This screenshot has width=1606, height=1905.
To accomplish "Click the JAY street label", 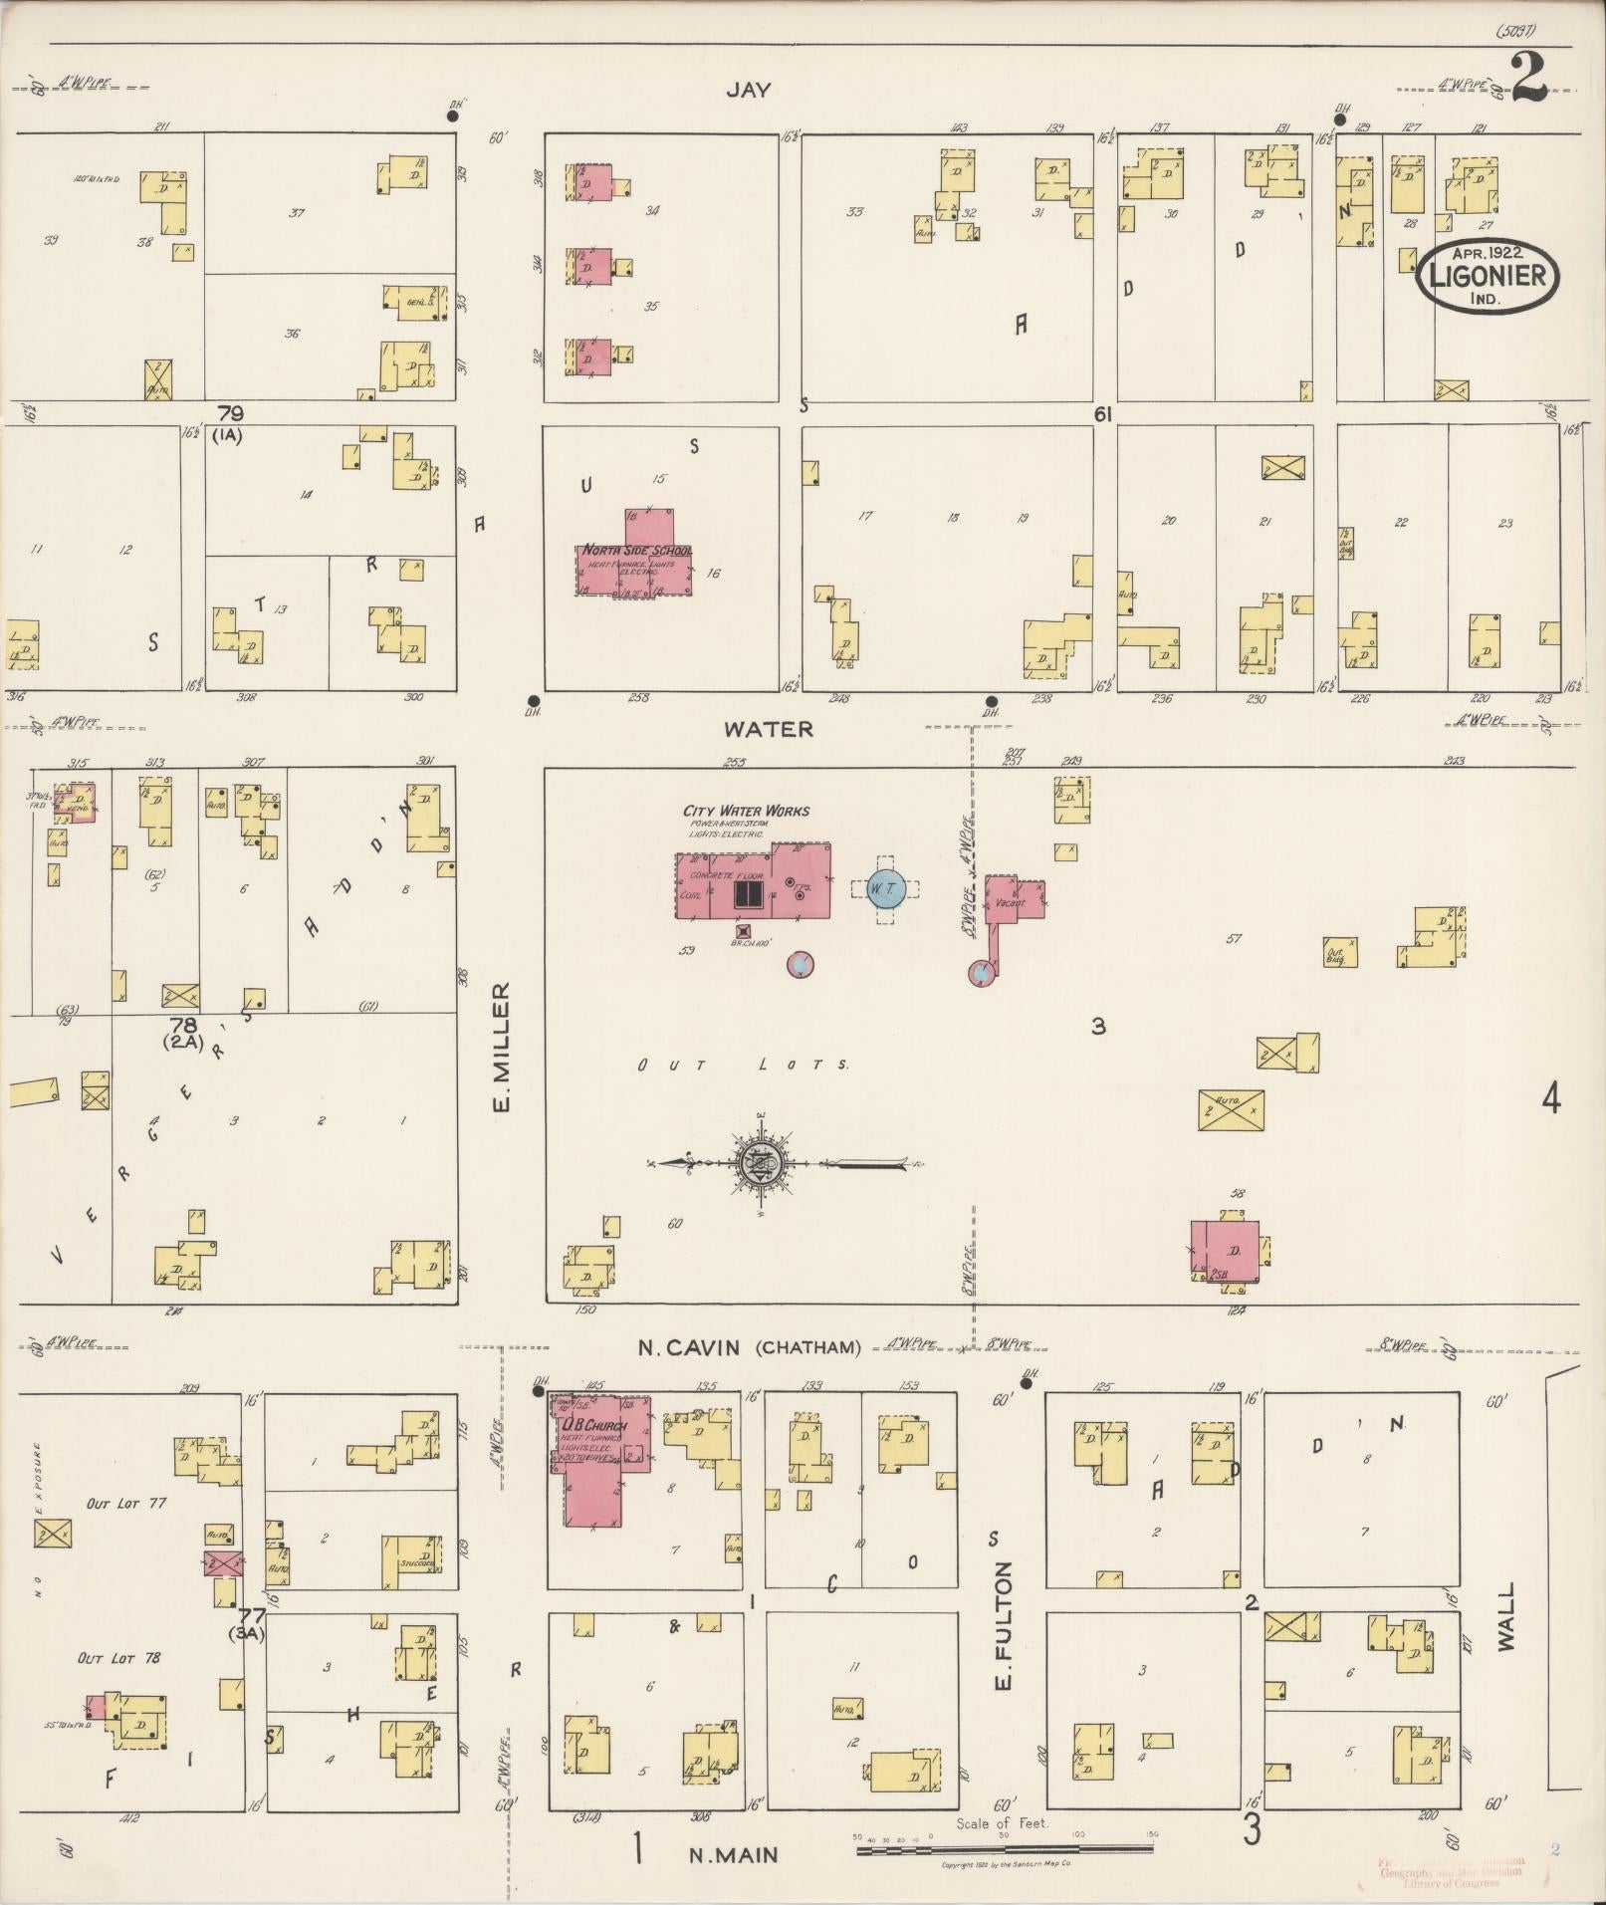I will pyautogui.click(x=748, y=91).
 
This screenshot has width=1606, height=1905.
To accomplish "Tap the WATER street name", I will pyautogui.click(x=768, y=729).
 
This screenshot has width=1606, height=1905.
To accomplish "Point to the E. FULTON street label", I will pyautogui.click(x=1003, y=1625).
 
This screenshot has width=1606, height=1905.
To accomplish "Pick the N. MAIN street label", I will pyautogui.click(x=733, y=1854).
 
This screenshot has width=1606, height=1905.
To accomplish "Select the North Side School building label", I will pyautogui.click(x=637, y=551).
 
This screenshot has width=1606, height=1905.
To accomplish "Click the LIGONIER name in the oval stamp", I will pyautogui.click(x=1488, y=275).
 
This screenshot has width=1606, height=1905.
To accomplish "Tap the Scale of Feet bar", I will pyautogui.click(x=1004, y=1850).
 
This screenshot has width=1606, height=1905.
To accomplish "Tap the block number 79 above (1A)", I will pyautogui.click(x=230, y=413).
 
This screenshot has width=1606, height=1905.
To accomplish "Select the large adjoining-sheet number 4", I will pyautogui.click(x=1550, y=1100).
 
